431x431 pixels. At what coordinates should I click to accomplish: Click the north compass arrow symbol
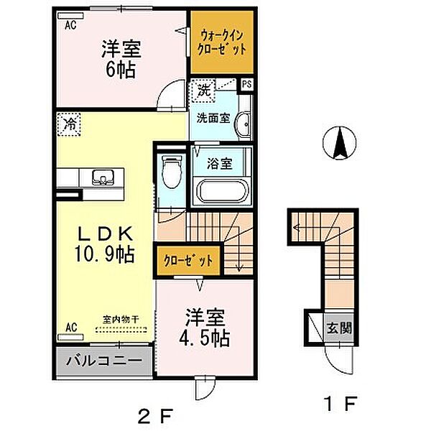click(340, 143)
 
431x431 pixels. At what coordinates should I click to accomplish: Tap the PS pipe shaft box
click(247, 84)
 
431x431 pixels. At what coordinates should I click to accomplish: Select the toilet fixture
click(172, 172)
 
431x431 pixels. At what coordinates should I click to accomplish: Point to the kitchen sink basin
click(103, 177)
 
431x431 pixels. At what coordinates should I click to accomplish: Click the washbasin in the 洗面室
click(244, 124)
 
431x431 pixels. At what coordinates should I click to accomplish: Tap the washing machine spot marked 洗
click(203, 91)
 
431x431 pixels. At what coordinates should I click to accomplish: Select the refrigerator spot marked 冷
click(69, 124)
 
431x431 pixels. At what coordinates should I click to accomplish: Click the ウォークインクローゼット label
click(222, 42)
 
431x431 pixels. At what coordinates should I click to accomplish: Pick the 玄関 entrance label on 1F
click(339, 328)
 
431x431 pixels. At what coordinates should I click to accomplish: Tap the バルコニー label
click(104, 361)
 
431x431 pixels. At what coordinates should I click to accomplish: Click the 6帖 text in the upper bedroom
click(121, 70)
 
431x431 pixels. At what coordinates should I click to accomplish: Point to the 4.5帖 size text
click(205, 338)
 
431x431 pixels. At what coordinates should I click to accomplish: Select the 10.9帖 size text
click(105, 254)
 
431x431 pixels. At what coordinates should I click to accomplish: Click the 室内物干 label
click(121, 320)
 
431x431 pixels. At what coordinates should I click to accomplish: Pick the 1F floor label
click(340, 403)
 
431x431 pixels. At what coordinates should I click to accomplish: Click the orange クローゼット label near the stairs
click(188, 260)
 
